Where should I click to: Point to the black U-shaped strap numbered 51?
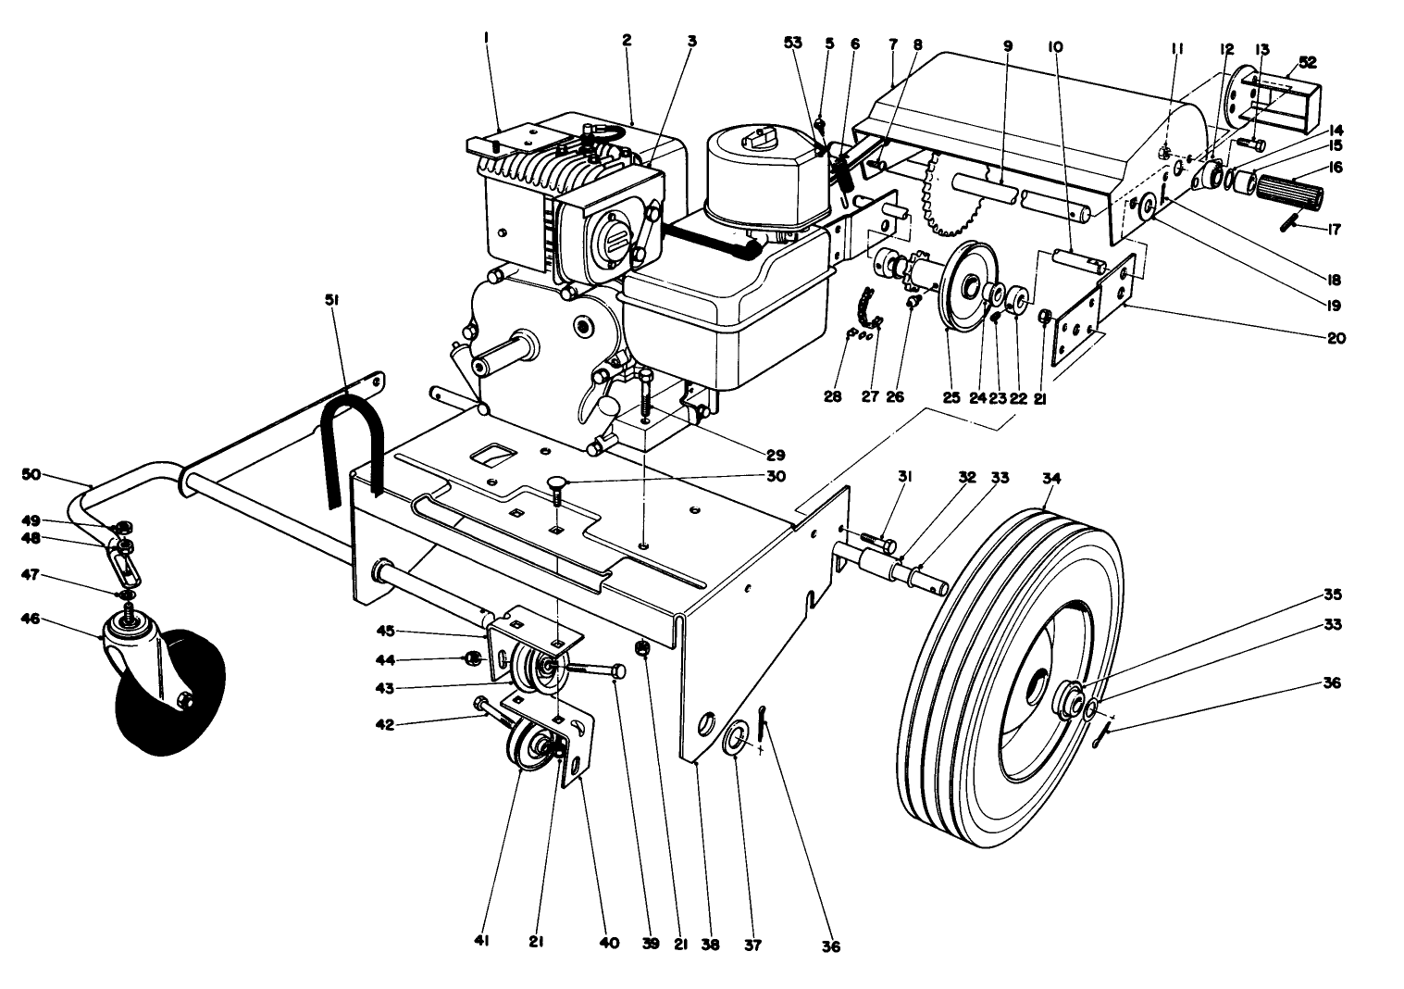[x=353, y=435]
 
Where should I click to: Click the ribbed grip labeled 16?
[x=1289, y=195]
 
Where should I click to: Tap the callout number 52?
[x=1308, y=62]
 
